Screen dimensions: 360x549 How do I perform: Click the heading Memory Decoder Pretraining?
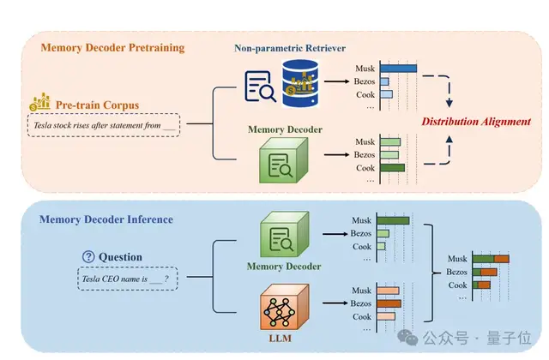[x=112, y=47]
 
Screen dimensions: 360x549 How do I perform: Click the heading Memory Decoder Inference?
[x=106, y=219]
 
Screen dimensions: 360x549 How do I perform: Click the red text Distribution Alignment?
[x=476, y=122]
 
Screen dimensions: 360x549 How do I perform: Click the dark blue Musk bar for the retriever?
[x=398, y=68]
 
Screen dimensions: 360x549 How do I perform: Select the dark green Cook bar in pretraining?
[x=392, y=168]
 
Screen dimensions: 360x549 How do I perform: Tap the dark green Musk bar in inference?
[x=393, y=220]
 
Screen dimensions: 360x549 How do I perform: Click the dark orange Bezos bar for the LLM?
[x=389, y=303]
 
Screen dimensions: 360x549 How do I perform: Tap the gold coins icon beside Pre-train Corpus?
[x=39, y=104]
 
